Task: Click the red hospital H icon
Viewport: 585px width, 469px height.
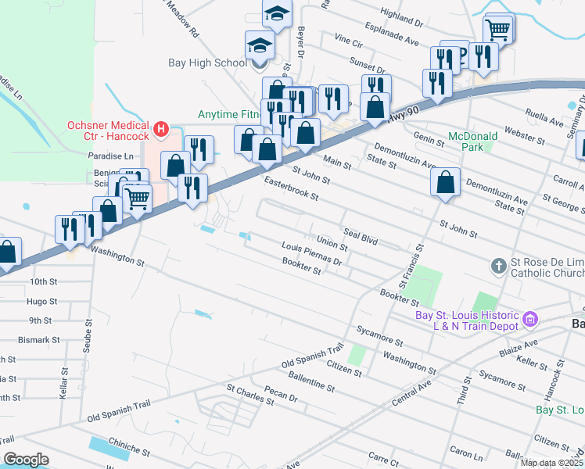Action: pyautogui.click(x=161, y=128)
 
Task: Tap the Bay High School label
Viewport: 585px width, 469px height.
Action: pyautogui.click(x=207, y=63)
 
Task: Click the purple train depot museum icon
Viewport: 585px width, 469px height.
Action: pyautogui.click(x=531, y=319)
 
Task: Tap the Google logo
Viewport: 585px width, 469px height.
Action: pyautogui.click(x=26, y=460)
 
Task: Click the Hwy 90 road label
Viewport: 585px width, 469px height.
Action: pyautogui.click(x=400, y=114)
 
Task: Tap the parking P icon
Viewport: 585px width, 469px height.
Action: pyautogui.click(x=461, y=53)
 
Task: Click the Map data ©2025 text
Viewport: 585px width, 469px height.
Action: pyautogui.click(x=552, y=463)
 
